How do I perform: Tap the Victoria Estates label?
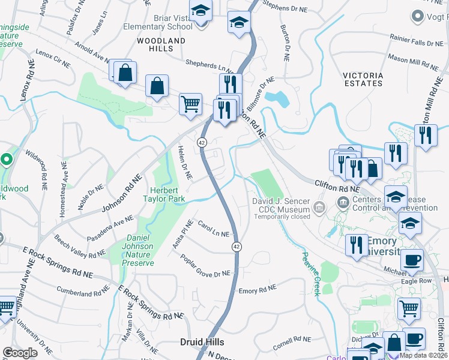pyautogui.click(x=363, y=79)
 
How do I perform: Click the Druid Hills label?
pyautogui.click(x=202, y=342)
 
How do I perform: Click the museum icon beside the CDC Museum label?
pyautogui.click(x=319, y=209)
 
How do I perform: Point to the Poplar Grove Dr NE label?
pyautogui.click(x=205, y=265)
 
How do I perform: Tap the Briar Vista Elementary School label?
pyautogui.click(x=158, y=23)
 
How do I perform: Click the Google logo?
pyautogui.click(x=20, y=353)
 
